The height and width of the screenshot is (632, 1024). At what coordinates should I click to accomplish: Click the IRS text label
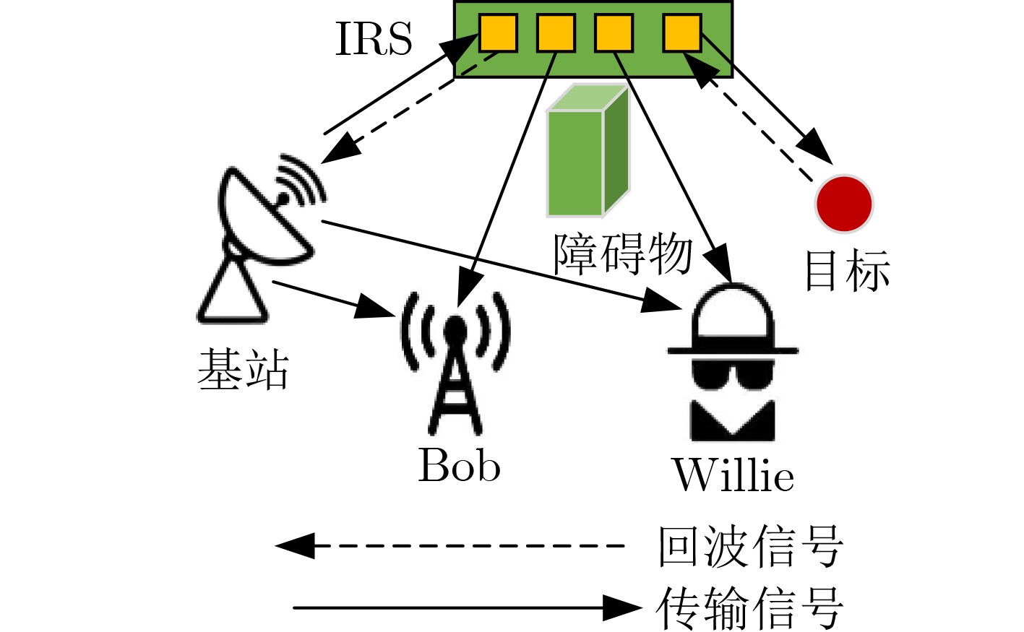click(374, 39)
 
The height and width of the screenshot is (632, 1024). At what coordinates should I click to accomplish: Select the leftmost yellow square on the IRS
click(498, 33)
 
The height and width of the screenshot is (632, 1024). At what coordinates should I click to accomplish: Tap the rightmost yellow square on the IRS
click(681, 33)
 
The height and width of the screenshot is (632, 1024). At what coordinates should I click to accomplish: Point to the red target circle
click(844, 204)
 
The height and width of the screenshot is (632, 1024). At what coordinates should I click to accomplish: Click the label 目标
click(847, 271)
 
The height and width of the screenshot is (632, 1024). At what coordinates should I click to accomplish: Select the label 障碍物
click(623, 254)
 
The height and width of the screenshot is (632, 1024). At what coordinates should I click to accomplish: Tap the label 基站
click(244, 370)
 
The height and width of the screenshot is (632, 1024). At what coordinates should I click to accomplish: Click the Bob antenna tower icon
click(455, 361)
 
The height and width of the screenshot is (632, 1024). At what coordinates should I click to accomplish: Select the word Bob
click(460, 466)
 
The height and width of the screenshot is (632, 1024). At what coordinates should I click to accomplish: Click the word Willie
click(733, 475)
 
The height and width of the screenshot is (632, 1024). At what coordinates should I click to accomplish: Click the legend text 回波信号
click(750, 546)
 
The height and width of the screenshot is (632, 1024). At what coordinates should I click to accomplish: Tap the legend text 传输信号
click(750, 608)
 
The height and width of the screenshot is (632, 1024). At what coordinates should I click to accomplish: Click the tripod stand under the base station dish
click(233, 293)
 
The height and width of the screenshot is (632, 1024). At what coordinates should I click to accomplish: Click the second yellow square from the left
click(556, 33)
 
